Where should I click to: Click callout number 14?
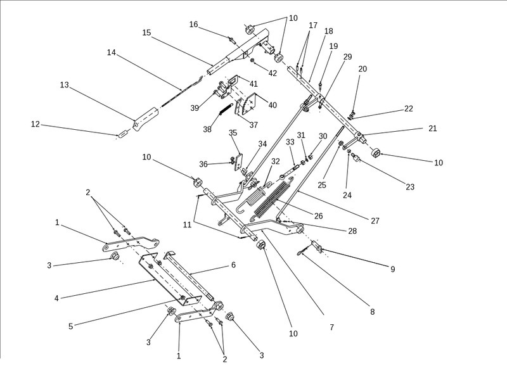(x=111, y=53)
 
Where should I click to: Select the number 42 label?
(x=273, y=73)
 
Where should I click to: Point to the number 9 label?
(x=392, y=269)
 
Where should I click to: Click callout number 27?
(x=375, y=221)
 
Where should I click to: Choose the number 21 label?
(x=433, y=129)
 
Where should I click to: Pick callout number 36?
(x=203, y=164)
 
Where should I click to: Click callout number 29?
(x=347, y=57)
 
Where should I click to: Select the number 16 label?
(x=194, y=25)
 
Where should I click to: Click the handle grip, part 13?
(x=145, y=118)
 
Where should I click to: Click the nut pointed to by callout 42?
(x=252, y=61)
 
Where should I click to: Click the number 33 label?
(x=290, y=142)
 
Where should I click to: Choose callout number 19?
(x=333, y=46)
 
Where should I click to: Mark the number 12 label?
(x=35, y=124)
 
